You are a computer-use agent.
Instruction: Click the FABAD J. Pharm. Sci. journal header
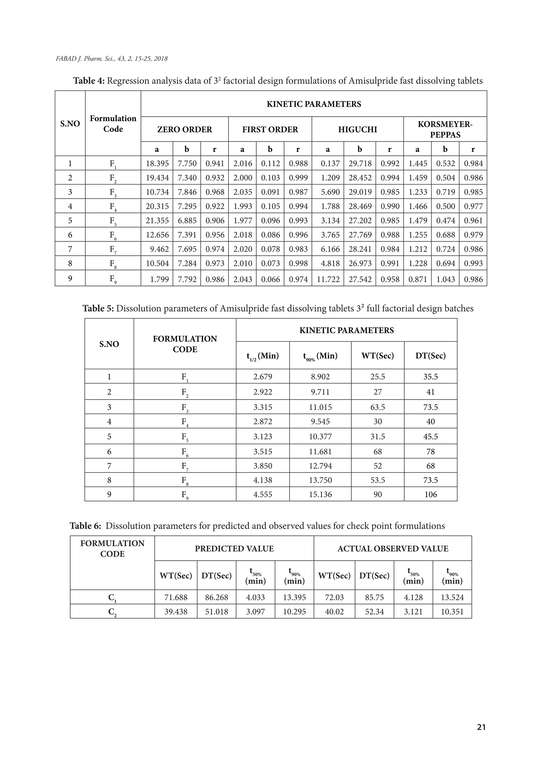point(111,59)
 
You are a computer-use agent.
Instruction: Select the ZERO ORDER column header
point(184,129)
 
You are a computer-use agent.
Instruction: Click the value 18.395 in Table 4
point(157,163)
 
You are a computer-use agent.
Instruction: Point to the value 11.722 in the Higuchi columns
point(328,279)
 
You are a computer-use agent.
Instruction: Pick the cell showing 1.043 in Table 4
point(445,279)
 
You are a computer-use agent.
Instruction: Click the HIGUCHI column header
point(357,129)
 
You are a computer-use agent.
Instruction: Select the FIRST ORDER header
point(270,129)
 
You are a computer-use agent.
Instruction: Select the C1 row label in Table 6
point(112,598)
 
